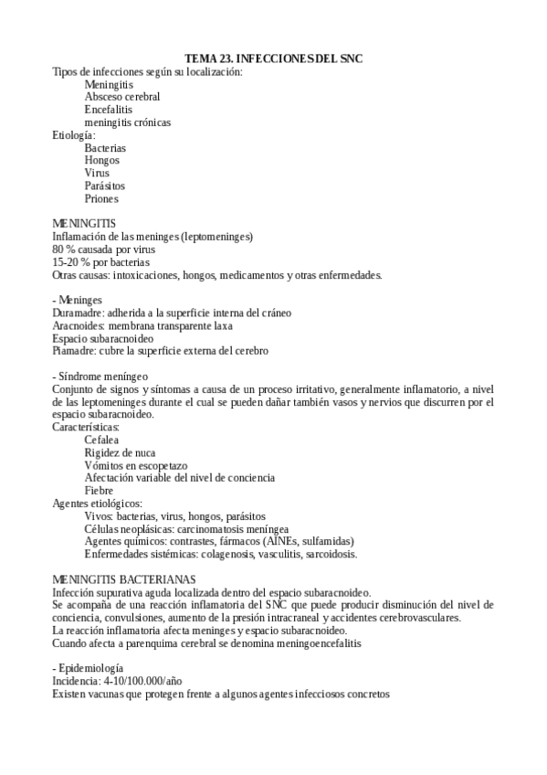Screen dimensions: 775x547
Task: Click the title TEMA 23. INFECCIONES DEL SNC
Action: tap(273, 58)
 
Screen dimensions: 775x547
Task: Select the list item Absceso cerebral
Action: tap(121, 96)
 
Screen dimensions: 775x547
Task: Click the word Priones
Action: tap(101, 198)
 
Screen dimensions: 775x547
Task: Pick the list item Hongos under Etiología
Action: tap(102, 160)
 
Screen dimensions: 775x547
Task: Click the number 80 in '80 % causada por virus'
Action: tap(58, 249)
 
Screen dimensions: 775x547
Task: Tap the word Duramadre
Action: tap(78, 313)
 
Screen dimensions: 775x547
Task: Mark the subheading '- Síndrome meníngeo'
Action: tap(100, 376)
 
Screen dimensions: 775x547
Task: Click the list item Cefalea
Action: tap(104, 440)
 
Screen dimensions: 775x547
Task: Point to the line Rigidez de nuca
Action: tap(120, 452)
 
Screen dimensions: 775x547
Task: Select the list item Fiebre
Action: tap(100, 490)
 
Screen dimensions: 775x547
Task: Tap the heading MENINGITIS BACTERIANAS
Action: tap(123, 579)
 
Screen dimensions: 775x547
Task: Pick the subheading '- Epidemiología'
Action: tap(88, 668)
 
